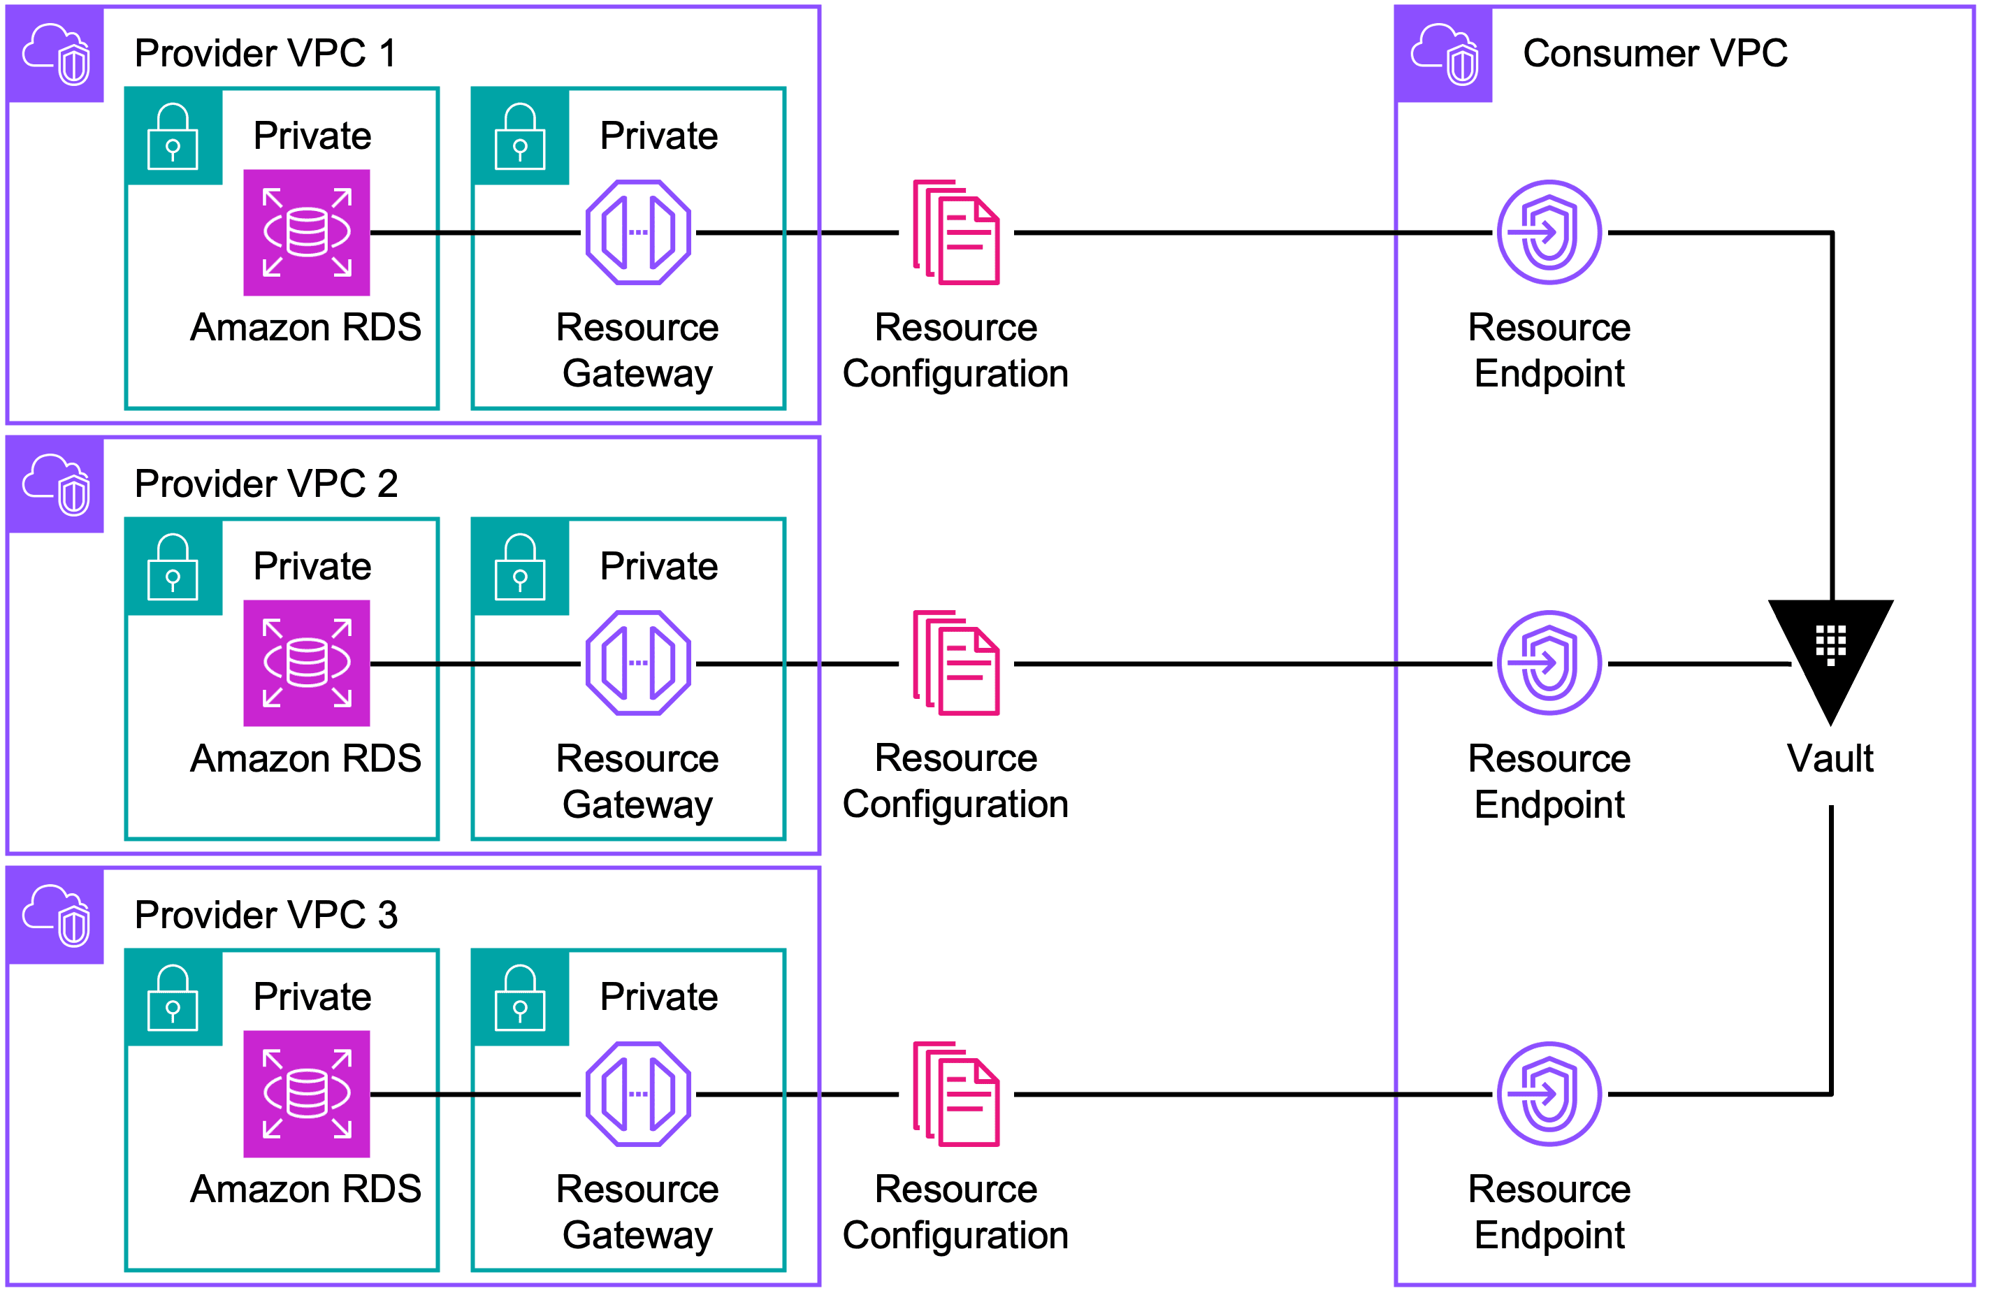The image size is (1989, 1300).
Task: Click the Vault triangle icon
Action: [1830, 652]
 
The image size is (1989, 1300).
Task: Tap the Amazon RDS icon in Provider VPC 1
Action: [307, 233]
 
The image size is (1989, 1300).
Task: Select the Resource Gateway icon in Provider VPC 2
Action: [639, 663]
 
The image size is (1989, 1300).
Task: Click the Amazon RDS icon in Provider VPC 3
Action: [307, 1094]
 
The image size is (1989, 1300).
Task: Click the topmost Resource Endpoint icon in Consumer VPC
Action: [1549, 233]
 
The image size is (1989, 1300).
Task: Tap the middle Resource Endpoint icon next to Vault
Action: [1549, 663]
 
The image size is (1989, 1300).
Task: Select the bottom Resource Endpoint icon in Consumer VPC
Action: [1549, 1094]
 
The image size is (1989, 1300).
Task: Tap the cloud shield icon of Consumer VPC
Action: [1444, 55]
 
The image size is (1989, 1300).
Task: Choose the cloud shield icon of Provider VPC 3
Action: [56, 916]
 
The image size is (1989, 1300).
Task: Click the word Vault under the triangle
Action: [1830, 759]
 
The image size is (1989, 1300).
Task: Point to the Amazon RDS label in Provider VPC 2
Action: [306, 759]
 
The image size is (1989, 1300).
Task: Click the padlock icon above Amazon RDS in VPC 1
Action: [173, 136]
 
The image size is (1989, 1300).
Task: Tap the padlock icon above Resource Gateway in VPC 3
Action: [520, 997]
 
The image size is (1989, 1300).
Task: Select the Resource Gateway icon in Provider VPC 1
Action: [639, 233]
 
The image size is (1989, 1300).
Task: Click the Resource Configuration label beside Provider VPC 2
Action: [955, 781]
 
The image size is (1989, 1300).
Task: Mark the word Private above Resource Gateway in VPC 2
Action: [658, 567]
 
